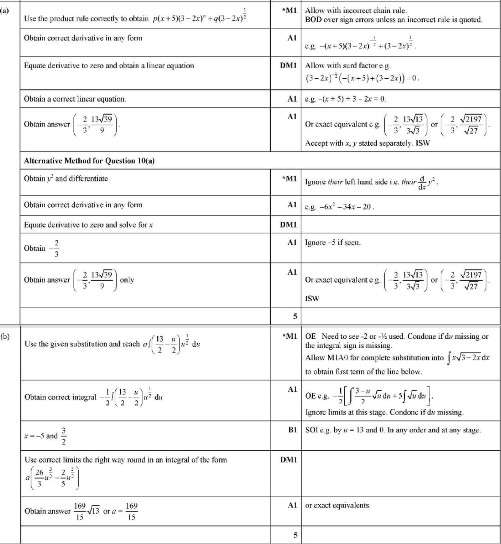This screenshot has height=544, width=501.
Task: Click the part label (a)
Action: click(5, 9)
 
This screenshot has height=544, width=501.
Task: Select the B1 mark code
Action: click(292, 430)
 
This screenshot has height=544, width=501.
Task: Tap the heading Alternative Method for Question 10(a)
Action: click(89, 161)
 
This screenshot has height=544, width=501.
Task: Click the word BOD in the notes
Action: click(313, 20)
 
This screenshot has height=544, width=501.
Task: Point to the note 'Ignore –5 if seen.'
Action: click(332, 243)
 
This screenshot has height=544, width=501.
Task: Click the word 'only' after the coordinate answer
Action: click(127, 280)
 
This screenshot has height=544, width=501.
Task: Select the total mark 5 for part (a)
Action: click(295, 316)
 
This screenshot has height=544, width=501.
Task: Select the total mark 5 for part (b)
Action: click(295, 535)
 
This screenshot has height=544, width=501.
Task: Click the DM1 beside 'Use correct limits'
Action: click(288, 460)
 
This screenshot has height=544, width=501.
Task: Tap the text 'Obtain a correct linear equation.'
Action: click(75, 99)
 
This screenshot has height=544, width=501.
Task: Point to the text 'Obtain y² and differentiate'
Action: click(66, 178)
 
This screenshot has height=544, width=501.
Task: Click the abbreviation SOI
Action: click(311, 430)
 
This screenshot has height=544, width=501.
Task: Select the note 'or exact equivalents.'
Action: click(337, 505)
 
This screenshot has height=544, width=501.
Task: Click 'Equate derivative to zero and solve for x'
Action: click(88, 224)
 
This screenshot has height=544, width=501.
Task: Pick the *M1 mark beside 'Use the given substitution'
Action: click(290, 336)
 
